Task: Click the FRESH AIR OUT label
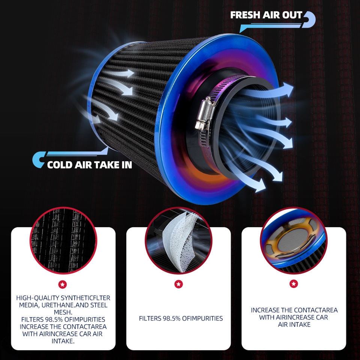(x=266, y=15)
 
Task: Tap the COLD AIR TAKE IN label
(x=90, y=165)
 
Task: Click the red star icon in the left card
(x=63, y=284)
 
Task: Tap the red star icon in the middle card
(x=178, y=284)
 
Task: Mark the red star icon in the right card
(x=294, y=284)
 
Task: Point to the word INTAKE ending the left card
(x=63, y=341)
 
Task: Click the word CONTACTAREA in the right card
(x=316, y=310)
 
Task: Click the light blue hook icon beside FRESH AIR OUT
(x=310, y=19)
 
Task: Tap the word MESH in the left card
(x=63, y=312)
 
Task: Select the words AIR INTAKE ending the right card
(x=294, y=324)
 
